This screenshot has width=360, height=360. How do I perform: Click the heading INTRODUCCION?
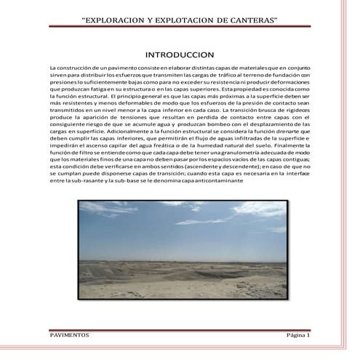180,55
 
